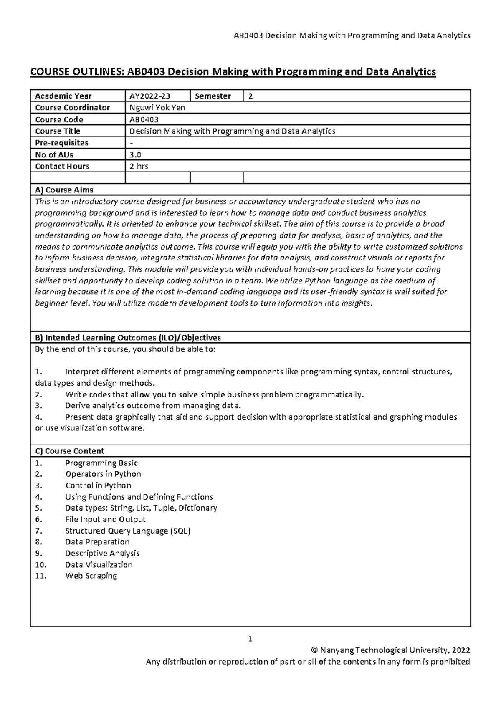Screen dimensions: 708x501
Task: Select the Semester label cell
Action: point(213,96)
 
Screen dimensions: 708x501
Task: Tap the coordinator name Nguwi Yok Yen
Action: point(157,108)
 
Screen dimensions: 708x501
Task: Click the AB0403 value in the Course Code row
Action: point(144,119)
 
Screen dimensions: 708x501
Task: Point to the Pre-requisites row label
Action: point(61,143)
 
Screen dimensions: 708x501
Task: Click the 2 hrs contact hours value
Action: point(139,166)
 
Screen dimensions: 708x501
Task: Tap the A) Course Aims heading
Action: point(64,190)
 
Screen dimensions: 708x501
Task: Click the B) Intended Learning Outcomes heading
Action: point(128,337)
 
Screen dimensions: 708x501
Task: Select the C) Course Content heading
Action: point(69,451)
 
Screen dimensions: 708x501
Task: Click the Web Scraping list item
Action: point(91,576)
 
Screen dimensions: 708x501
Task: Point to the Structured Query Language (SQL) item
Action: point(128,531)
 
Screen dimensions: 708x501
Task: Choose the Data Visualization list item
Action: point(99,564)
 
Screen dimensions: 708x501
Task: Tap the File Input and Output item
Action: point(105,519)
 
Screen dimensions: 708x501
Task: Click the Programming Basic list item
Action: point(101,463)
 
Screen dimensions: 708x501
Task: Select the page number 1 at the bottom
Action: point(250,639)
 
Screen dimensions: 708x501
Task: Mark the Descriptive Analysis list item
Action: point(102,553)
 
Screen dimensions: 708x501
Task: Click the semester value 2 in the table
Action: point(250,96)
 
